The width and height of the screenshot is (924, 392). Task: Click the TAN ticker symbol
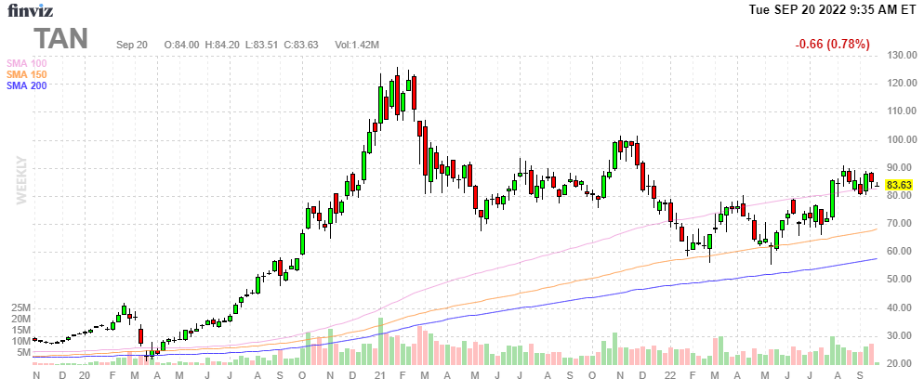point(61,39)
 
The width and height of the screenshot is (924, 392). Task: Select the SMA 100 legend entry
point(27,63)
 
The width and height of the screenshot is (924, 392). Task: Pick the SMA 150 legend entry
point(27,74)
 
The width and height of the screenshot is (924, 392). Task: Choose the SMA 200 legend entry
point(27,85)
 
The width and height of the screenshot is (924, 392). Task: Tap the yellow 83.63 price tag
point(899,185)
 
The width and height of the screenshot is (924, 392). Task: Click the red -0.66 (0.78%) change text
point(832,45)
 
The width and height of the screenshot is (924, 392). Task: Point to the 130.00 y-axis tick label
point(903,56)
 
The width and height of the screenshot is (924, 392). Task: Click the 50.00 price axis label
point(903,279)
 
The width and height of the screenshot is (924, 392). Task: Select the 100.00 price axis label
point(903,139)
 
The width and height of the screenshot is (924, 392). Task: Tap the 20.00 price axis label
point(903,363)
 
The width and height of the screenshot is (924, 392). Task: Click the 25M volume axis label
point(22,308)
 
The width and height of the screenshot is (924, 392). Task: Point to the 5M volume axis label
point(24,352)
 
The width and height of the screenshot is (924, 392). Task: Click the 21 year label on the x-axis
point(381,375)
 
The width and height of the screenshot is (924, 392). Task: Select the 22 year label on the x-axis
point(672,375)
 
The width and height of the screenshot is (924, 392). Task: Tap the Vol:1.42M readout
point(357,45)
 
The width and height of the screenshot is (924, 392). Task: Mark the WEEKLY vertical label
point(22,180)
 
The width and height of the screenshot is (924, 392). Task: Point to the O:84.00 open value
point(181,45)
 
